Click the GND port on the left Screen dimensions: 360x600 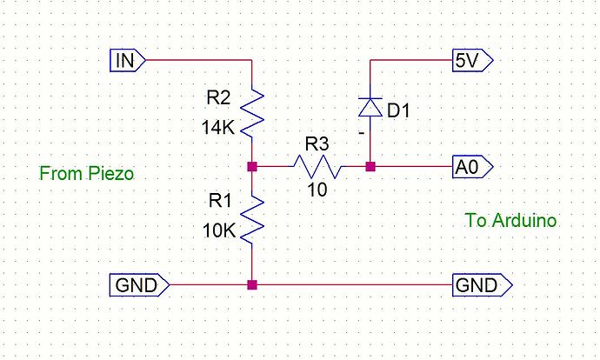click(138, 284)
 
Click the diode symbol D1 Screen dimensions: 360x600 click(371, 107)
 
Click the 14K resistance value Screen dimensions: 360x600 click(217, 127)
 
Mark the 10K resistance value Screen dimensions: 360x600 click(217, 231)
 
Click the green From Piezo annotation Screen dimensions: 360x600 click(86, 174)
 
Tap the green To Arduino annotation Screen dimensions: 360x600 click(510, 221)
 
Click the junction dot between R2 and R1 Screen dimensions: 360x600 click(251, 165)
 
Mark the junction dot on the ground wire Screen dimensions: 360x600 click(251, 284)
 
